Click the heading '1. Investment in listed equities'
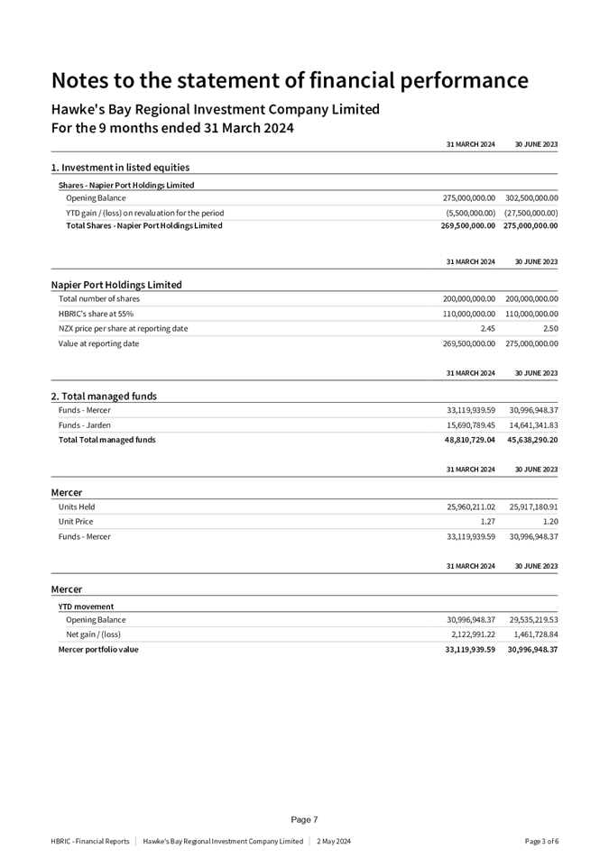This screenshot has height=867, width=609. pos(120,168)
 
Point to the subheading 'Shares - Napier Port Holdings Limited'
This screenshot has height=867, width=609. pos(126,186)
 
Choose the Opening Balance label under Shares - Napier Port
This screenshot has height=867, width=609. pos(96,198)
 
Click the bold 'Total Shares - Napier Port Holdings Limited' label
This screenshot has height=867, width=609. pos(144,226)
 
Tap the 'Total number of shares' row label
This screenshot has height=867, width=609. pos(99,299)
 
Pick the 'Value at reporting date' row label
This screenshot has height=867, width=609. pos(98,344)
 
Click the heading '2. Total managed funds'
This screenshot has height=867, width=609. pos(104,397)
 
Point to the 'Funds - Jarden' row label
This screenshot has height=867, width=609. pos(85,425)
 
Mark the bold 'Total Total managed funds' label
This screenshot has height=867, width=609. pos(106,441)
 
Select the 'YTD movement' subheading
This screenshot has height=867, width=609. pos(87,607)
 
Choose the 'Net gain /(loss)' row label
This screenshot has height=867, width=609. pos(94,634)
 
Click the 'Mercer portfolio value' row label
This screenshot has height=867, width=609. pos(98,650)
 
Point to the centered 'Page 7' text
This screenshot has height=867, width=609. pos(304,820)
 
